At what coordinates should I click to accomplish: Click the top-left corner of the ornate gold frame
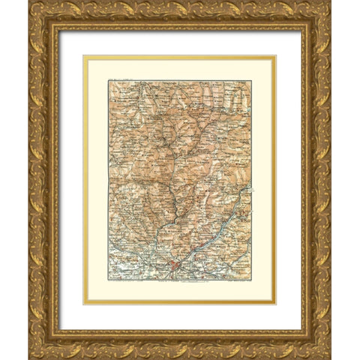(x=29, y=1)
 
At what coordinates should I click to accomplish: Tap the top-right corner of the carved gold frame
(x=331, y=1)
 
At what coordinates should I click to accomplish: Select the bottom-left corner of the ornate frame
(x=29, y=358)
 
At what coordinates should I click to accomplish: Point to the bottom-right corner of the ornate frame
(x=331, y=358)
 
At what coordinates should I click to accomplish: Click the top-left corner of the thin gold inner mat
(x=83, y=55)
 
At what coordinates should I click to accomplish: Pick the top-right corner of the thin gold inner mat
(x=276, y=55)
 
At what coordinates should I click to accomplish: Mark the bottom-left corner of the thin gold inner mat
(x=83, y=304)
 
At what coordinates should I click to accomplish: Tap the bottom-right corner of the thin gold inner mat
(x=276, y=304)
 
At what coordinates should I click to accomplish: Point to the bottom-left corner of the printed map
(x=108, y=278)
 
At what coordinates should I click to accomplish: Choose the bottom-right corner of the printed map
(x=251, y=278)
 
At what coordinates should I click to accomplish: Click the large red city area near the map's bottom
(x=173, y=264)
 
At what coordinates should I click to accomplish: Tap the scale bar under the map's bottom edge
(x=180, y=281)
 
